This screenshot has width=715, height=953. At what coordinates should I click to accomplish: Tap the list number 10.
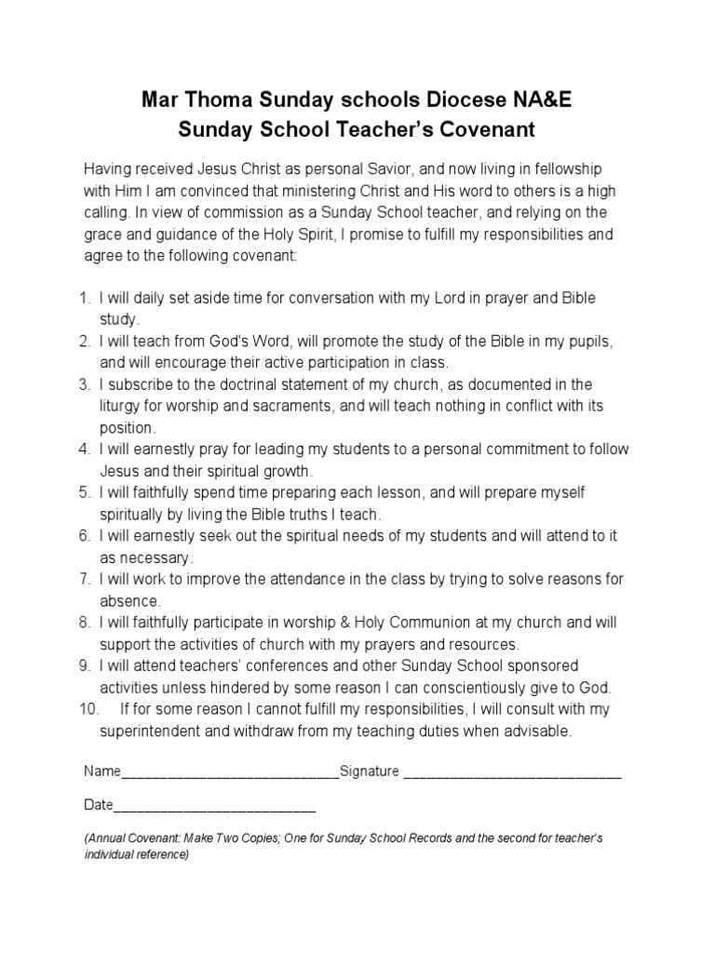point(89,709)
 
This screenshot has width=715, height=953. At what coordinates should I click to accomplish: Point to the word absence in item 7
point(130,601)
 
